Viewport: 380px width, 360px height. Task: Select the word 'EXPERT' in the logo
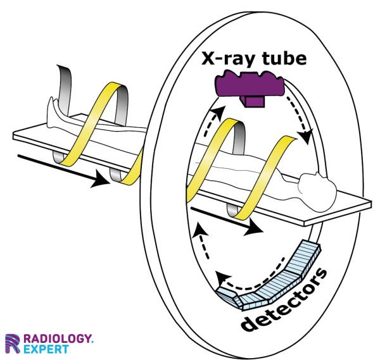coord(47,349)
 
